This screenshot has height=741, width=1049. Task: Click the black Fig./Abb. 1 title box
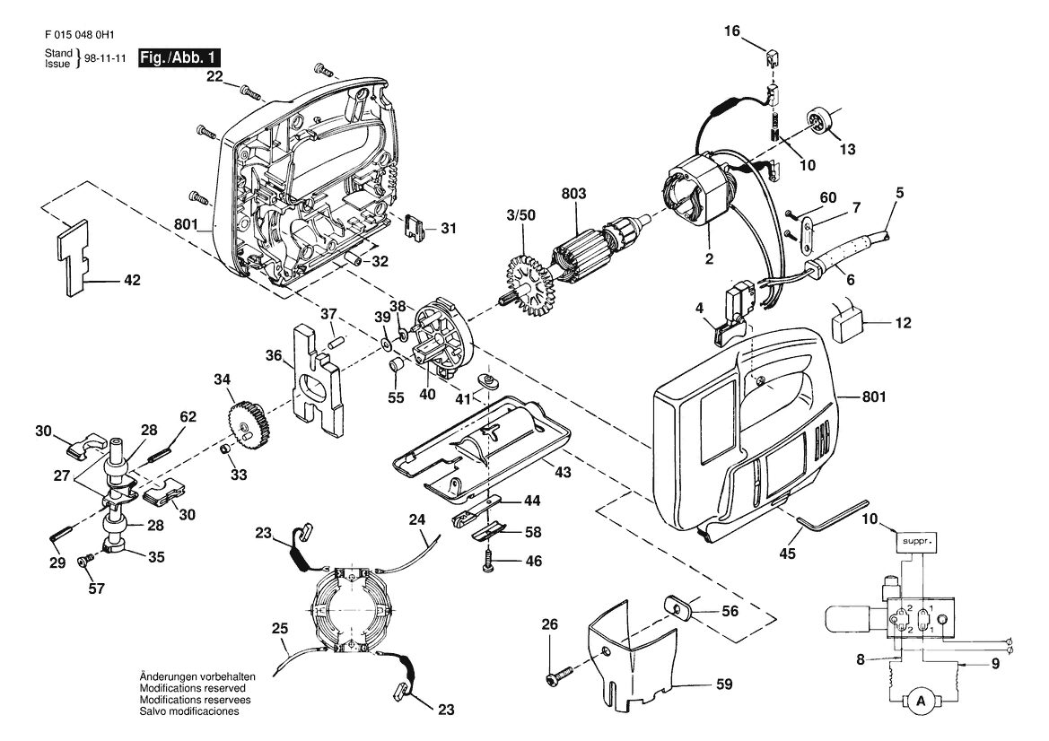click(179, 58)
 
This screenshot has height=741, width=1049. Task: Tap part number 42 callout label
click(133, 280)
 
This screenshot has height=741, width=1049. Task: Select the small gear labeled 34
click(246, 424)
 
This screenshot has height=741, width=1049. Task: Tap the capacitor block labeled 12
click(848, 325)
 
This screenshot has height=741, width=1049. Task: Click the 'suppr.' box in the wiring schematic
click(916, 539)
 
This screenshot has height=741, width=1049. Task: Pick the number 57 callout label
click(97, 588)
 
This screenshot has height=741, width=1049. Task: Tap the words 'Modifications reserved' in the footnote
click(193, 687)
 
